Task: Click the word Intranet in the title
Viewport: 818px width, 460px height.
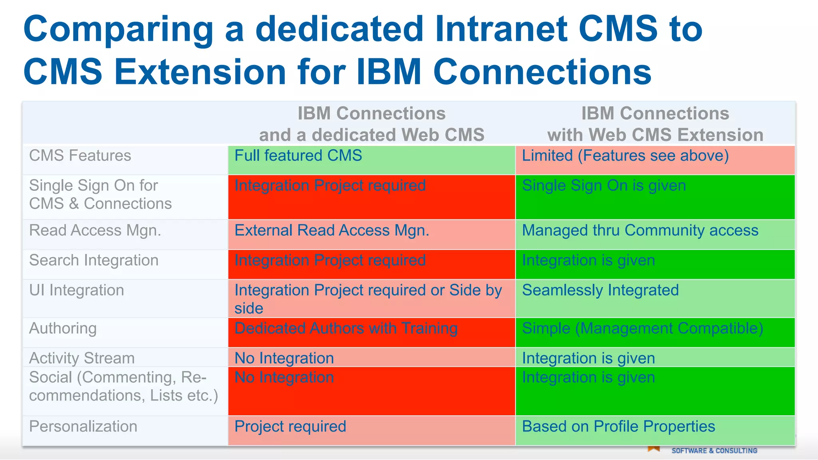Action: pos(501,29)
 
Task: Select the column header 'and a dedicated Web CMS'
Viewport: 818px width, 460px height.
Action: pos(371,135)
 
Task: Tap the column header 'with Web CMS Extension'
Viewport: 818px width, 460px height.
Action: pos(655,135)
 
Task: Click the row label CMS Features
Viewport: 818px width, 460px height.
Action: pos(80,156)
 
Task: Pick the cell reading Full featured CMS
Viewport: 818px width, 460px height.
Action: pos(298,156)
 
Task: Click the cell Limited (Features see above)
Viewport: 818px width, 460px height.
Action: pos(625,156)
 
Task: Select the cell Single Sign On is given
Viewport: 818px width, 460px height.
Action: pos(604,186)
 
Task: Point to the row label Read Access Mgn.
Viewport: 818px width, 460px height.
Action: pos(95,231)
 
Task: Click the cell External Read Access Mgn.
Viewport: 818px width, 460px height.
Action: pos(332,231)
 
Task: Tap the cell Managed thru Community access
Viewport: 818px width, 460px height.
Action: pos(640,231)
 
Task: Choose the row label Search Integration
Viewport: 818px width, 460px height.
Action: pos(94,260)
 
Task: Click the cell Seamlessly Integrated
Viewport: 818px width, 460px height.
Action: pos(600,290)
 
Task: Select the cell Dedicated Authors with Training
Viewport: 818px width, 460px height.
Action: pos(346,328)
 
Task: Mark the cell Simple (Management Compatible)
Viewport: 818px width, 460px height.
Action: pos(642,328)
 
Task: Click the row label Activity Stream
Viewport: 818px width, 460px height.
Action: pos(82,358)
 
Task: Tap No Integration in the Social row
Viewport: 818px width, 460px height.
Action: pos(284,378)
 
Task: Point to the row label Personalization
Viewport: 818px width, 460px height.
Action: pos(83,426)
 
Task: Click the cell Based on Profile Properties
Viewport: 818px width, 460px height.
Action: pos(618,426)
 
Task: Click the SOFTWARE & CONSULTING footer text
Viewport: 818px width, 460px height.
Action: pos(714,451)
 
